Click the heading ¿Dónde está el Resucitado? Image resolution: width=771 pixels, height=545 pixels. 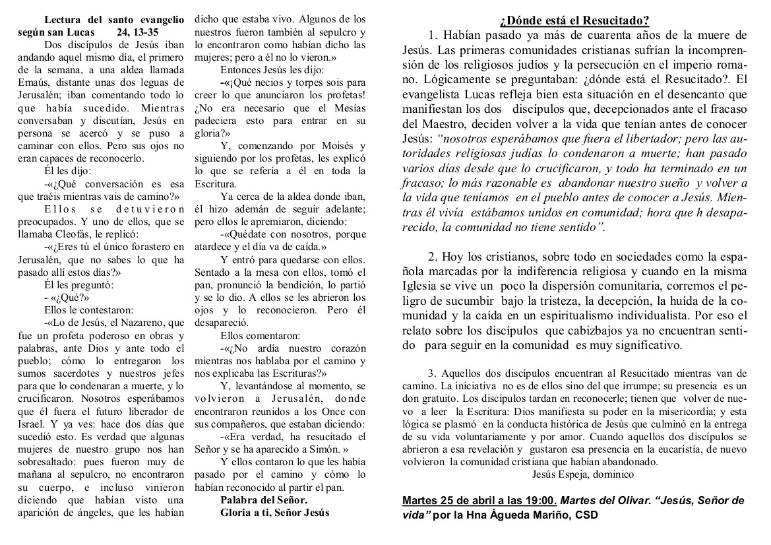[574, 20]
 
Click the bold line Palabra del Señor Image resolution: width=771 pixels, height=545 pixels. [264, 499]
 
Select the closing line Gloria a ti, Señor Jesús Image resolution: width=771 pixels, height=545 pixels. [274, 512]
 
